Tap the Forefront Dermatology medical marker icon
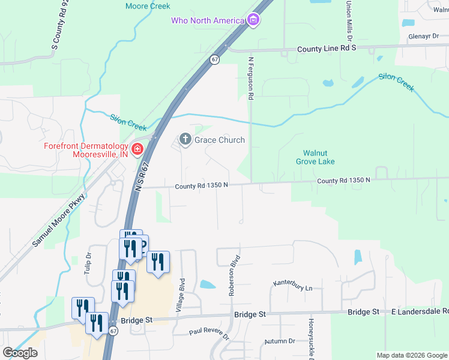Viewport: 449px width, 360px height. (x=137, y=149)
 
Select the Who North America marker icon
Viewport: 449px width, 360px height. (x=253, y=20)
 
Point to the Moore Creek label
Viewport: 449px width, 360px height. (x=148, y=6)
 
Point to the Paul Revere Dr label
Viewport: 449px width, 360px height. (x=209, y=334)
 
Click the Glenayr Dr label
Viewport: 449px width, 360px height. (x=423, y=36)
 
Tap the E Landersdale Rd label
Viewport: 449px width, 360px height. (x=420, y=311)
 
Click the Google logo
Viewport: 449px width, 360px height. (x=20, y=353)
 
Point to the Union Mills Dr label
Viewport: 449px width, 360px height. (x=348, y=17)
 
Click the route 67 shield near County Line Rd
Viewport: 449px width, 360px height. (x=214, y=59)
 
